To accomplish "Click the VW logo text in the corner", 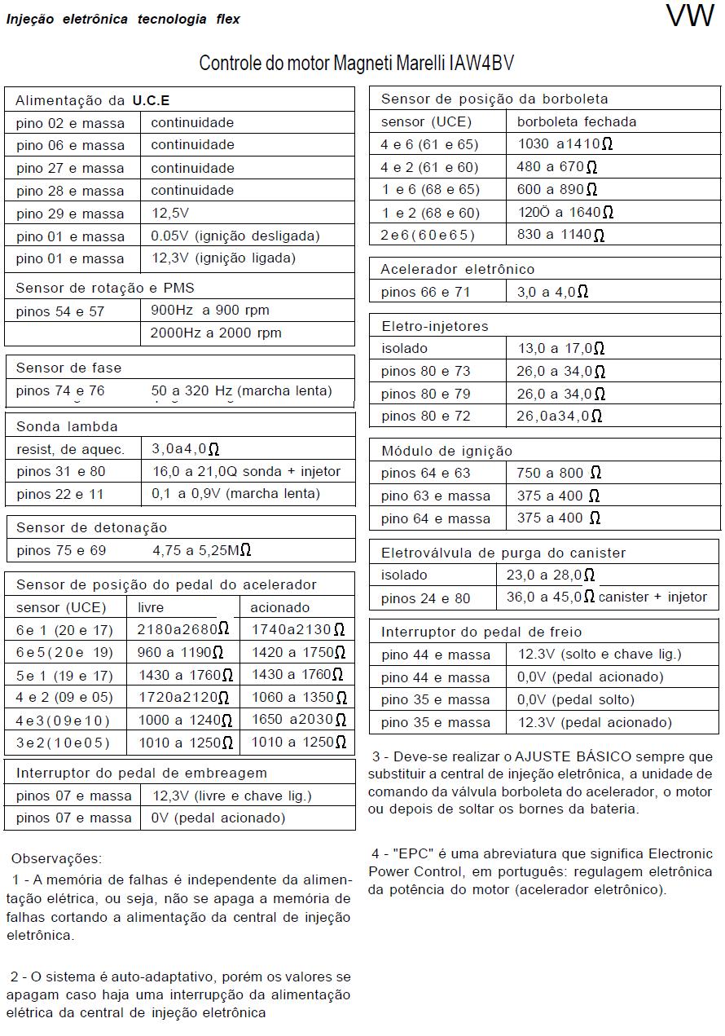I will click(x=689, y=16).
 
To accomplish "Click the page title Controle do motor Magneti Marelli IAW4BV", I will click(x=357, y=64).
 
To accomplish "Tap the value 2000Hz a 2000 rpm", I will click(x=216, y=333).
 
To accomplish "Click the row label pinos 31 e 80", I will click(x=61, y=471).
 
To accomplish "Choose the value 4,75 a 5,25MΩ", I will click(x=201, y=550).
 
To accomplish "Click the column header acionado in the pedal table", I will click(x=279, y=607).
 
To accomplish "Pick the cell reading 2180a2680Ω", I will click(x=183, y=629).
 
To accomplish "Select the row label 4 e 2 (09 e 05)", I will click(x=64, y=697).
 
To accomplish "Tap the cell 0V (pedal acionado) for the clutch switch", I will click(x=218, y=818).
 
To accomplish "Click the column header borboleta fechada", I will click(x=577, y=121).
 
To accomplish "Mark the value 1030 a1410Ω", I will click(x=565, y=144).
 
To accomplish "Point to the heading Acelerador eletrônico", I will click(x=458, y=269).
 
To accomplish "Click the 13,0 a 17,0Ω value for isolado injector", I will click(x=560, y=348).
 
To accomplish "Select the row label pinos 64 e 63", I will click(x=425, y=473).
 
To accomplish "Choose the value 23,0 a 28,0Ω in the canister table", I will click(x=551, y=575).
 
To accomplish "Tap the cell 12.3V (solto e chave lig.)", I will click(x=600, y=654).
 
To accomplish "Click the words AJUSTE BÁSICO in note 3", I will click(x=564, y=757).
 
